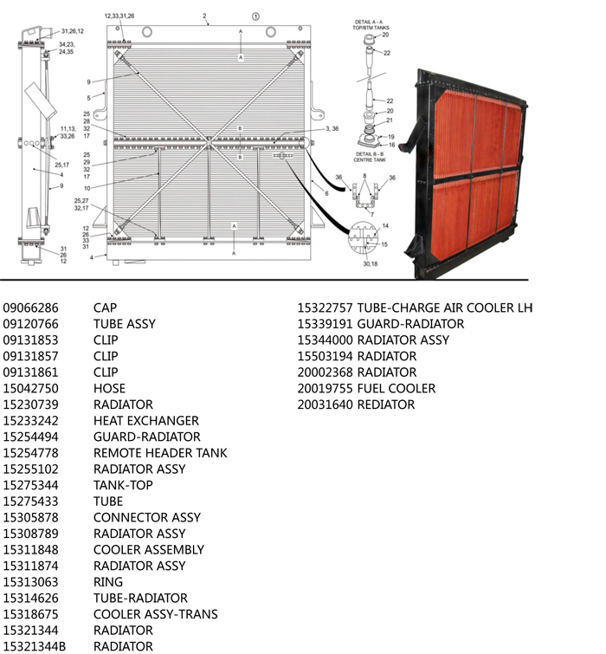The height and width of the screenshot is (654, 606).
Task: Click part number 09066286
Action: [30, 308]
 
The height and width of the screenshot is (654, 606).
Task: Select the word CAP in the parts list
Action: [105, 308]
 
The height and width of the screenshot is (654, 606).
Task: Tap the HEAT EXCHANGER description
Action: [145, 420]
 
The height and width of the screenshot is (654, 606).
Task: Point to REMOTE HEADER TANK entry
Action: [160, 452]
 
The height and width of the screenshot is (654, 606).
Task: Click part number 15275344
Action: [30, 485]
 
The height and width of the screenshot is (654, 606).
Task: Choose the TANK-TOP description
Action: [123, 485]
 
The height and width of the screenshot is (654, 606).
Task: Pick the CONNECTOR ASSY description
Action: [147, 517]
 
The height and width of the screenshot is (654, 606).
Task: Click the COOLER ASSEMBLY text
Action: [149, 549]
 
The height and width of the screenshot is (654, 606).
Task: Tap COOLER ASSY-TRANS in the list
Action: [156, 614]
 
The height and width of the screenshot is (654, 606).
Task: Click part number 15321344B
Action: [35, 646]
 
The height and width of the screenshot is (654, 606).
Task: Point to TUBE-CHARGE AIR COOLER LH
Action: [445, 308]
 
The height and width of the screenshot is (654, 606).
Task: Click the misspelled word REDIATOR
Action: [386, 405]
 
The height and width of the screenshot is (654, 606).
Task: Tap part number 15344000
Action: [325, 340]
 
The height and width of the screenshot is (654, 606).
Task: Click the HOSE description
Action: [109, 388]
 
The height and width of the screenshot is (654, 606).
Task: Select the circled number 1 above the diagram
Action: [255, 16]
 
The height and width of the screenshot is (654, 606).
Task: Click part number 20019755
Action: [325, 388]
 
